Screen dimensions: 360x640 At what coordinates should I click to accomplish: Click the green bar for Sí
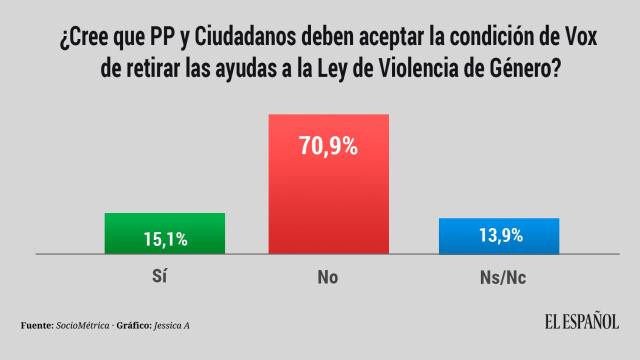pos(165,233)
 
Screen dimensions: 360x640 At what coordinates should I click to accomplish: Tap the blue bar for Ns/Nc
pos(499,235)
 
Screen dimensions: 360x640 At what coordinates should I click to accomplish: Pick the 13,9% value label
pos(499,238)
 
